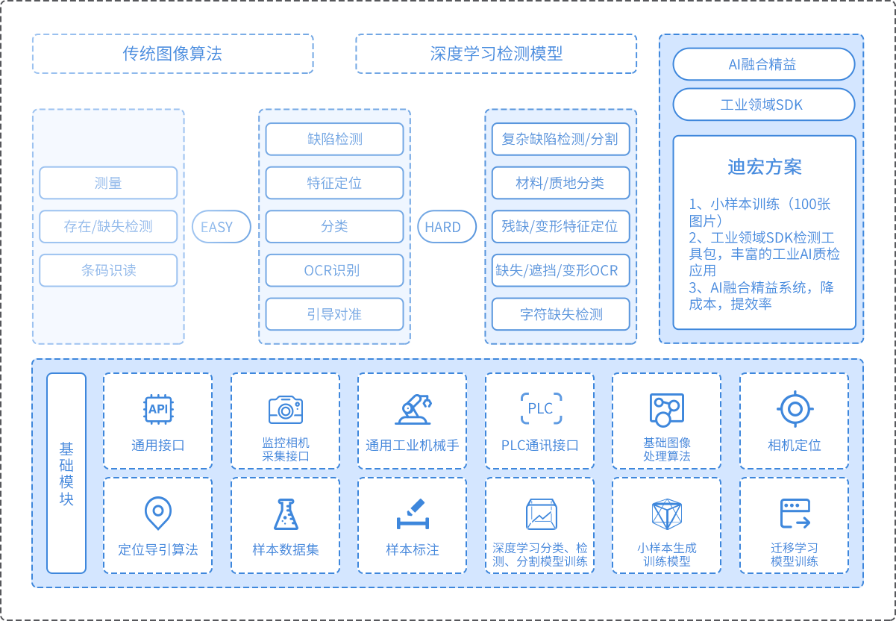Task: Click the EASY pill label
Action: (217, 227)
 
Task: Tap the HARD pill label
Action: (443, 227)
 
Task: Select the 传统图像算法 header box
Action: (172, 54)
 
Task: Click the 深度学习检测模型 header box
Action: (496, 54)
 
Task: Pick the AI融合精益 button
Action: (763, 64)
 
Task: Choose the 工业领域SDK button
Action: (763, 104)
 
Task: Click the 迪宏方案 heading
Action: (764, 166)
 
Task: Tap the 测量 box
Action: (108, 183)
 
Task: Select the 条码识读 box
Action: (108, 270)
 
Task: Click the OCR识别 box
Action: (334, 270)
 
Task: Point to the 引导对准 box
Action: (334, 314)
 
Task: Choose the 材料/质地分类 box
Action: (560, 183)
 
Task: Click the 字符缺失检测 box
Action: (560, 314)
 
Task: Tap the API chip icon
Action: (158, 409)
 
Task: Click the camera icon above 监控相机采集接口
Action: (285, 409)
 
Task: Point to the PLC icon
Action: (540, 408)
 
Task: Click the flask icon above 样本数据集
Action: (285, 514)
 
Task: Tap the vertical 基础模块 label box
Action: (66, 473)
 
